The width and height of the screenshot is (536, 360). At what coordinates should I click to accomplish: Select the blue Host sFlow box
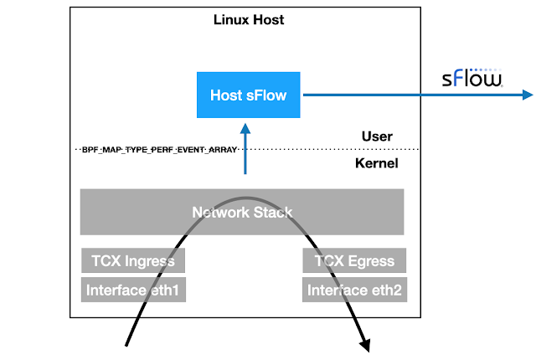click(x=248, y=95)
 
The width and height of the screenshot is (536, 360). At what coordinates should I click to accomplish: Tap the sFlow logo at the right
click(x=473, y=80)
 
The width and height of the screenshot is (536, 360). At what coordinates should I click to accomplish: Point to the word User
click(x=377, y=136)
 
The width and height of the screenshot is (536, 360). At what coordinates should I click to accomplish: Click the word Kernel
click(x=376, y=163)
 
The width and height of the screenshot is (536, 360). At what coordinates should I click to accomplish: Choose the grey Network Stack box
click(x=242, y=212)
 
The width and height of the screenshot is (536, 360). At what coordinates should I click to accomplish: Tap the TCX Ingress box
click(x=133, y=260)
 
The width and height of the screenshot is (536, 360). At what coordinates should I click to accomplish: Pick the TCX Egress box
click(x=355, y=260)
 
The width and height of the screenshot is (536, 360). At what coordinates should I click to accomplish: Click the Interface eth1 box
click(x=133, y=291)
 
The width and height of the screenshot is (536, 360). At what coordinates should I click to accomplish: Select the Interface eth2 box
click(x=355, y=291)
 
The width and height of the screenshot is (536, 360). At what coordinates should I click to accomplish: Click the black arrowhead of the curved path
click(x=366, y=342)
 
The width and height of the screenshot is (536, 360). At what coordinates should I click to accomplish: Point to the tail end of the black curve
click(x=126, y=344)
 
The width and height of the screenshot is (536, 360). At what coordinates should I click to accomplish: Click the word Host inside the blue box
click(x=226, y=95)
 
